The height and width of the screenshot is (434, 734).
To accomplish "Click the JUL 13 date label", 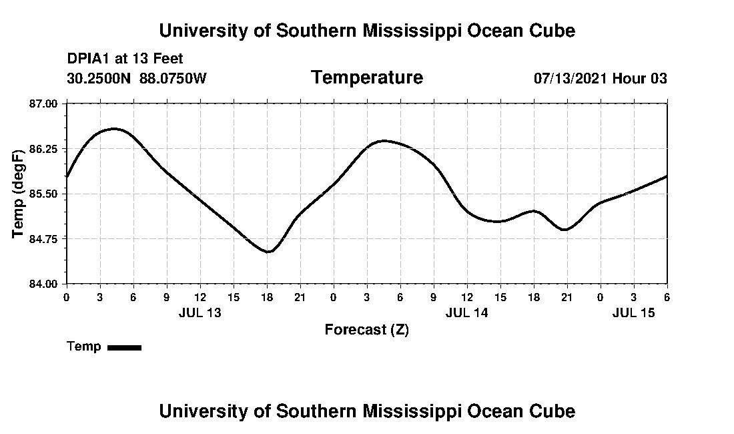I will (x=200, y=312).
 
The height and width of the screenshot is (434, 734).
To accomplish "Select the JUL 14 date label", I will (x=466, y=312).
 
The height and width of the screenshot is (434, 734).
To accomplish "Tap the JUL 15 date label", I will (x=633, y=312).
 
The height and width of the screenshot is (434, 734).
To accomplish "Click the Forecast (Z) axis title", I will (x=366, y=330).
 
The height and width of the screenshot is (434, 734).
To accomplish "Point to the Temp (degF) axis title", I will (x=19, y=194).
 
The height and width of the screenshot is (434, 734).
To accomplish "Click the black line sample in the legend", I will (x=124, y=347).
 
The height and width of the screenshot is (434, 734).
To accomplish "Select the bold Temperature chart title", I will (x=366, y=78).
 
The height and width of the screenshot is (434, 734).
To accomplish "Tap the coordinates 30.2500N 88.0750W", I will (x=137, y=78).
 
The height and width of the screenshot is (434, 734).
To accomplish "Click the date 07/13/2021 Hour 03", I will (x=600, y=78).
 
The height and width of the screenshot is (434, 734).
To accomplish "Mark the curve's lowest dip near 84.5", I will (x=268, y=252).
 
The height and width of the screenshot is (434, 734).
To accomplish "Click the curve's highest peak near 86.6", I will (x=114, y=128).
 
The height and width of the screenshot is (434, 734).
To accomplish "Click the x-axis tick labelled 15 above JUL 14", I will (x=500, y=296).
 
